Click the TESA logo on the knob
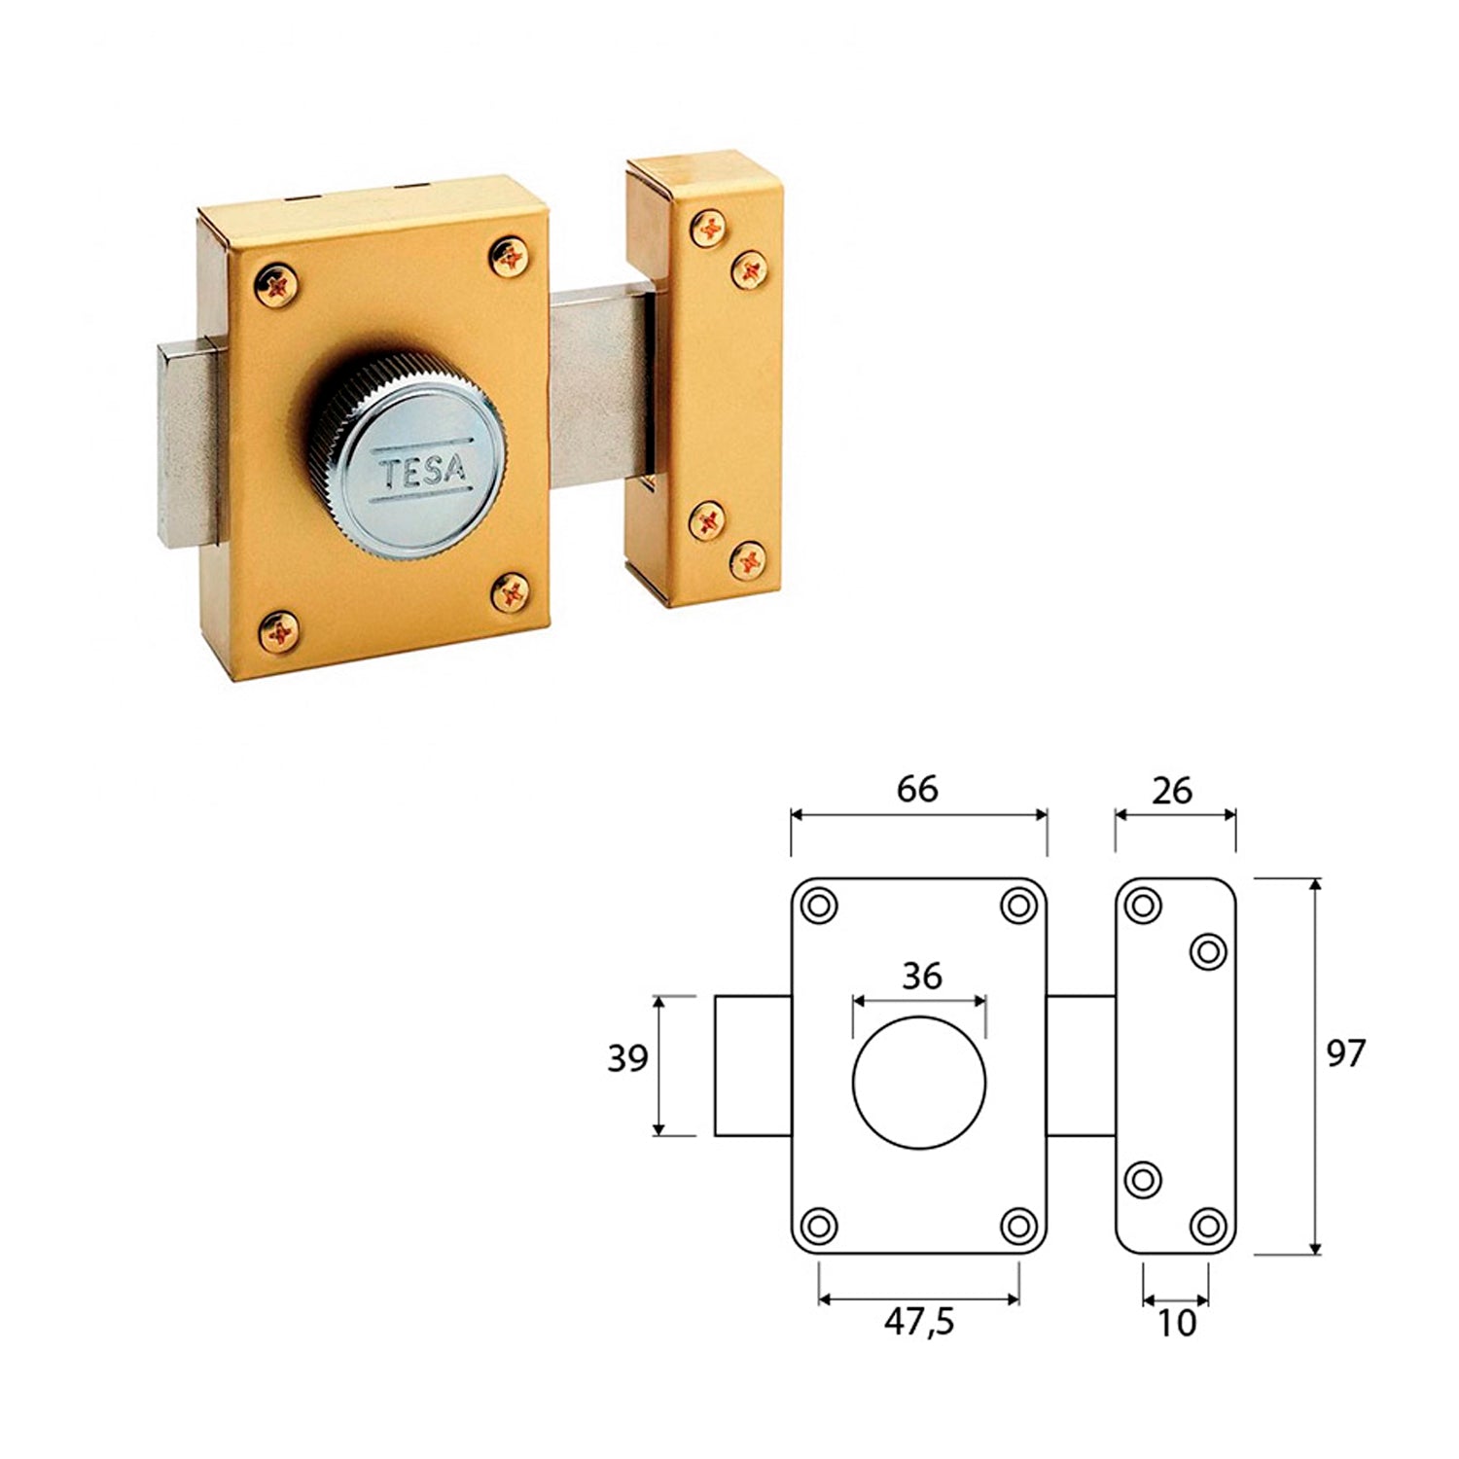(422, 473)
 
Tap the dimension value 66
(917, 789)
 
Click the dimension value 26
(1172, 791)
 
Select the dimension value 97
(1346, 1053)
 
